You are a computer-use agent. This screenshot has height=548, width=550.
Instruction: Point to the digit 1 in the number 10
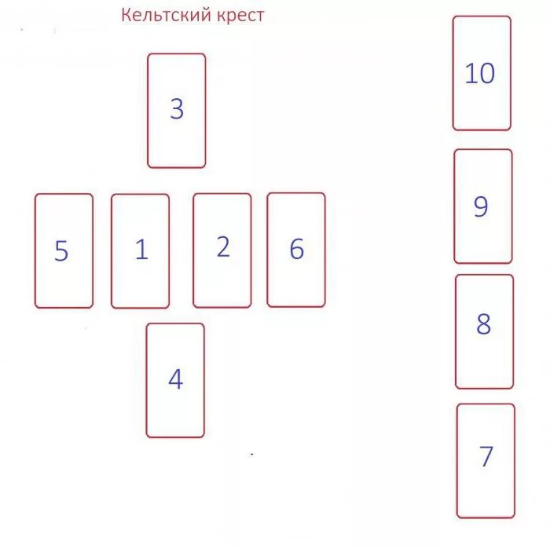click(471, 74)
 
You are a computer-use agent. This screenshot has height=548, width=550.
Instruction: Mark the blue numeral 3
click(177, 109)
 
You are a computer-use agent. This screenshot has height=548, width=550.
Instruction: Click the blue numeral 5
click(61, 251)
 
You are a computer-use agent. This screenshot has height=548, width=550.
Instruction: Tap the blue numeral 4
click(175, 380)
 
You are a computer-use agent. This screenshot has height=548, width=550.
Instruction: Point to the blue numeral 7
click(486, 456)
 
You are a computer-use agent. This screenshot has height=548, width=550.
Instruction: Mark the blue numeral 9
click(481, 206)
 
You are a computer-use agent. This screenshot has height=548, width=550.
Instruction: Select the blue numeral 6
click(296, 249)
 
